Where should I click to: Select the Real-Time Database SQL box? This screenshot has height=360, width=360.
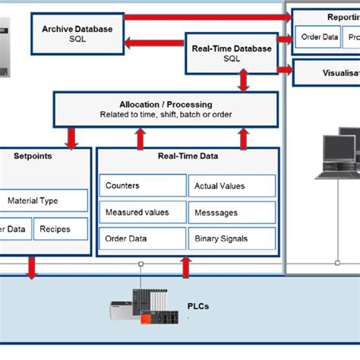[232, 53]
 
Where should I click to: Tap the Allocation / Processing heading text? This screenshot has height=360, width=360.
[166, 104]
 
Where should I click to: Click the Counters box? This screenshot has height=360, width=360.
[143, 185]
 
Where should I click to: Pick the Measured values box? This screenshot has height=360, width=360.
[143, 212]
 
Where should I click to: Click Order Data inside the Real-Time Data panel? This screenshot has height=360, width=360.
[143, 238]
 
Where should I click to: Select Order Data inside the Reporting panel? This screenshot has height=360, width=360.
[319, 36]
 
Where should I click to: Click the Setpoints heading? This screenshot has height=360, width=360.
[33, 155]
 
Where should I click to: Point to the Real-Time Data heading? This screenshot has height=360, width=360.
[188, 155]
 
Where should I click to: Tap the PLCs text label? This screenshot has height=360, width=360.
[198, 307]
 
